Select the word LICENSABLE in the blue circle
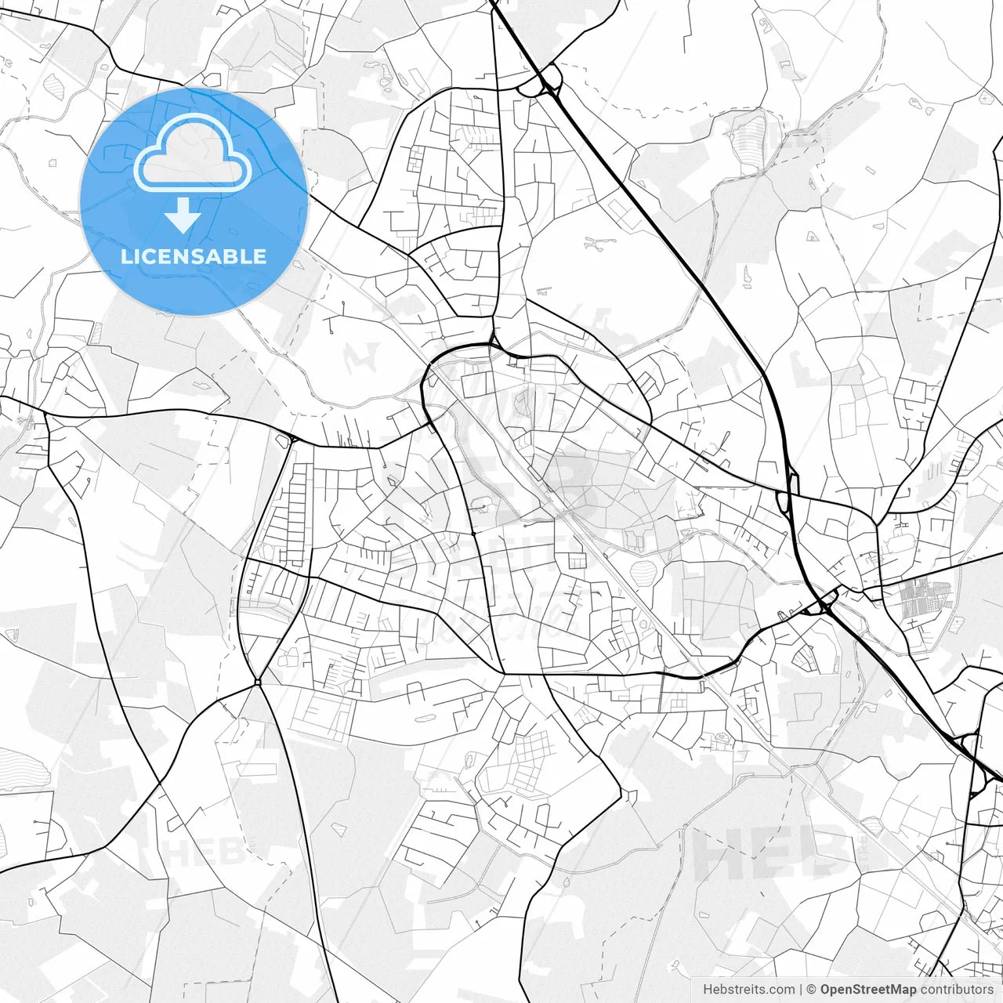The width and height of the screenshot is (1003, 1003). (x=194, y=257)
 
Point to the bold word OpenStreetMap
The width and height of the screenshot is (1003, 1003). (x=868, y=990)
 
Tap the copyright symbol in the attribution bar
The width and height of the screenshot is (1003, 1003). (x=812, y=990)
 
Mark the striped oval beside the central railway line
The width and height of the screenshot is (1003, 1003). (x=642, y=570)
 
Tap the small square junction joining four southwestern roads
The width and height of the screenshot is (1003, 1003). (x=257, y=683)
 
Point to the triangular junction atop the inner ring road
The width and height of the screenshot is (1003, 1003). (x=492, y=342)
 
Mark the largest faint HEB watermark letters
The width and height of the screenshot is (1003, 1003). (x=772, y=854)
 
